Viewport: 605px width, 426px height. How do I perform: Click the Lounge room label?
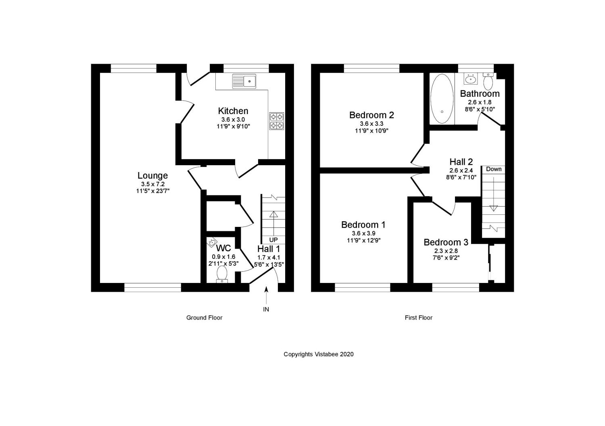click(x=152, y=176)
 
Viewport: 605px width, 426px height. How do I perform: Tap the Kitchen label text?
click(x=233, y=111)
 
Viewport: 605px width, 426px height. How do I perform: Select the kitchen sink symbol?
click(x=244, y=81)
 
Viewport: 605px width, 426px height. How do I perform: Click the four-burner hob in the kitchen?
click(x=277, y=121)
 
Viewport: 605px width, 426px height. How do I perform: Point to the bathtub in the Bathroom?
click(x=442, y=99)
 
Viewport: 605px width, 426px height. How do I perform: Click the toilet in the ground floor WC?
click(x=222, y=274)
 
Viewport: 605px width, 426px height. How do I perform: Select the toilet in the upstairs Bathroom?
click(x=488, y=82)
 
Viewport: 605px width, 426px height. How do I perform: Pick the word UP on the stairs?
click(x=273, y=240)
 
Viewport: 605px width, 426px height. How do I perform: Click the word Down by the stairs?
click(x=494, y=169)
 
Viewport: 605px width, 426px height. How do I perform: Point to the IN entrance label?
click(x=266, y=310)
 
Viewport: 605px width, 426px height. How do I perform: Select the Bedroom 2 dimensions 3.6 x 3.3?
click(x=371, y=124)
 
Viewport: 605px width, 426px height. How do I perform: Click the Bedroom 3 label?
click(x=446, y=242)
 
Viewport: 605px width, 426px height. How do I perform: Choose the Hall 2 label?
click(x=461, y=162)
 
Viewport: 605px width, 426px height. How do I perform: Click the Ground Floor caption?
click(x=204, y=318)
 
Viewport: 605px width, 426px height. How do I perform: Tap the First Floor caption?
click(x=418, y=318)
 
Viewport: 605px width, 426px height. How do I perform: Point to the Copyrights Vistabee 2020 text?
click(x=318, y=354)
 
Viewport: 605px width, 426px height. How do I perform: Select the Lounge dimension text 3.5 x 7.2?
click(x=152, y=184)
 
